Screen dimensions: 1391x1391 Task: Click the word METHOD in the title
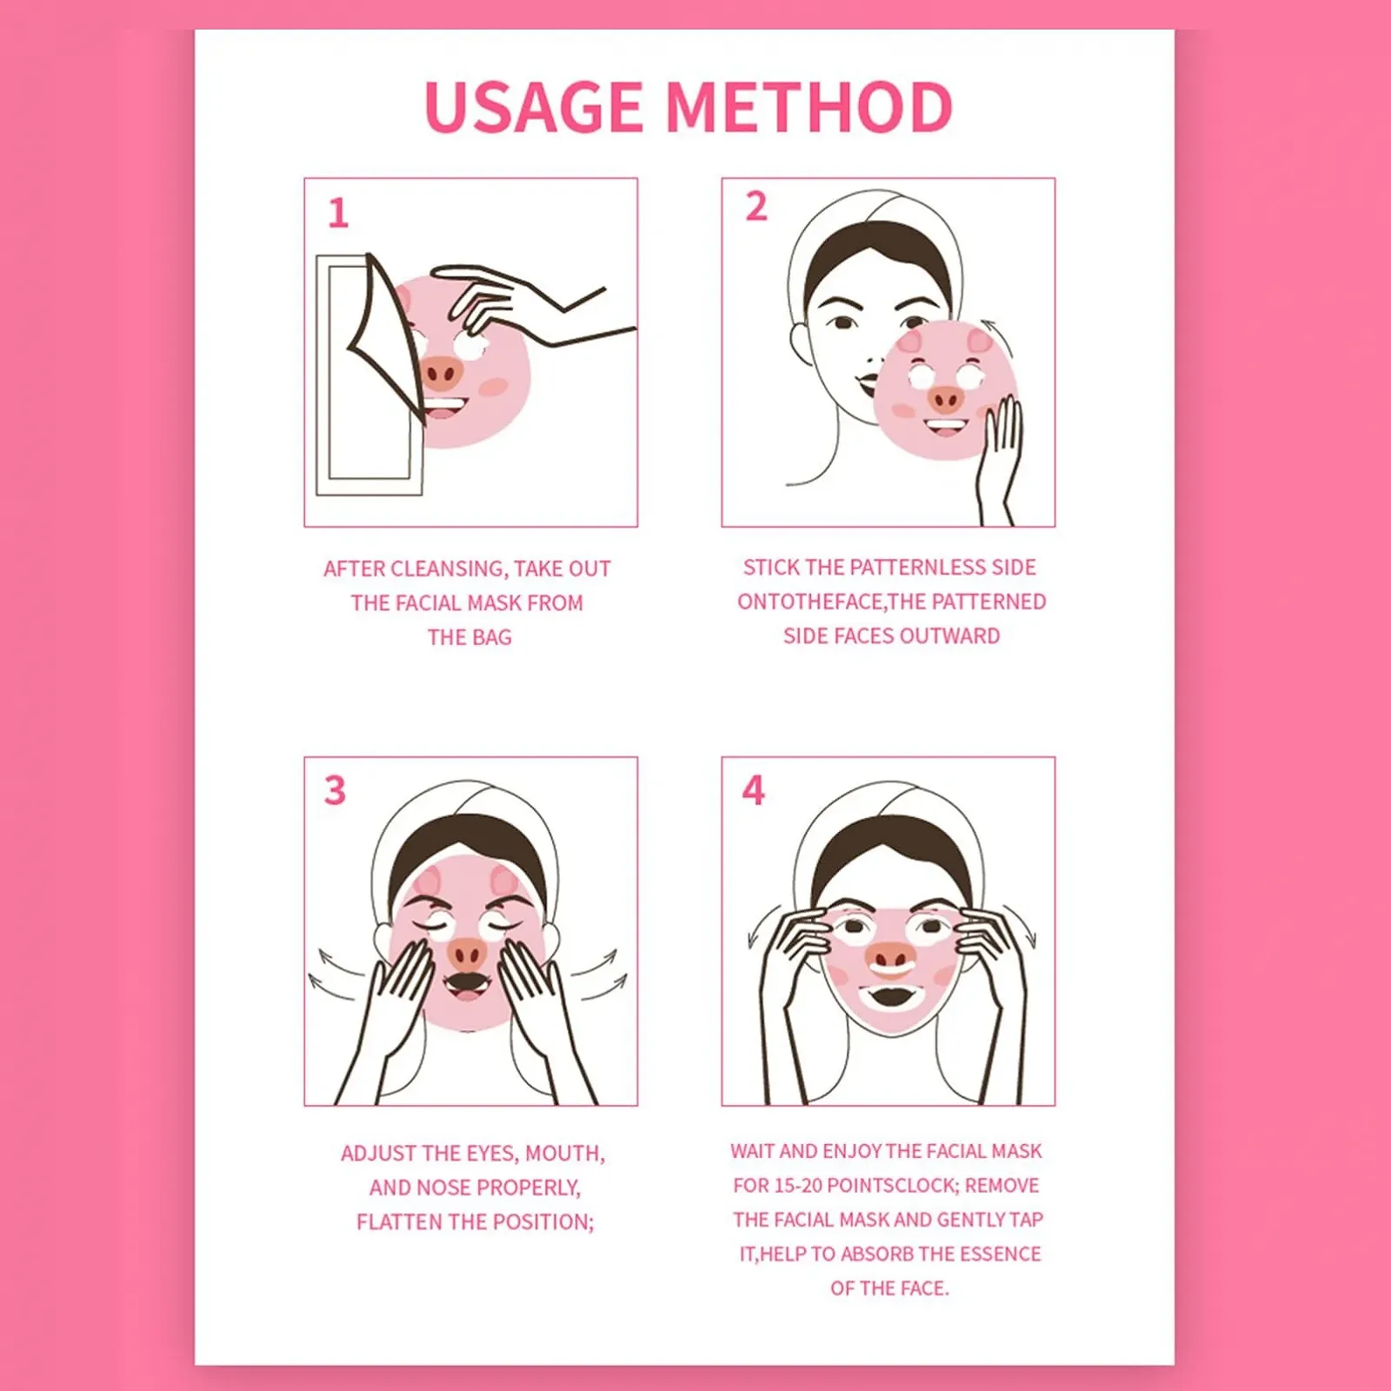[x=809, y=108]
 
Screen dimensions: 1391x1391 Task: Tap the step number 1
[x=338, y=213]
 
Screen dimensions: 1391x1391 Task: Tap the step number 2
[x=756, y=207]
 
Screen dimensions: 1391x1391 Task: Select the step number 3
[x=335, y=791]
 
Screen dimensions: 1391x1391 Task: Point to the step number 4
[x=753, y=790]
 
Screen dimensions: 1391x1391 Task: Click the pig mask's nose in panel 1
[x=440, y=375]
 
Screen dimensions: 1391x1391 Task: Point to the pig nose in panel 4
[x=890, y=957]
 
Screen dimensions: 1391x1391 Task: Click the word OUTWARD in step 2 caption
[x=950, y=636]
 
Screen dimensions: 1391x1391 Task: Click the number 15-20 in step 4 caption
[x=795, y=1186]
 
